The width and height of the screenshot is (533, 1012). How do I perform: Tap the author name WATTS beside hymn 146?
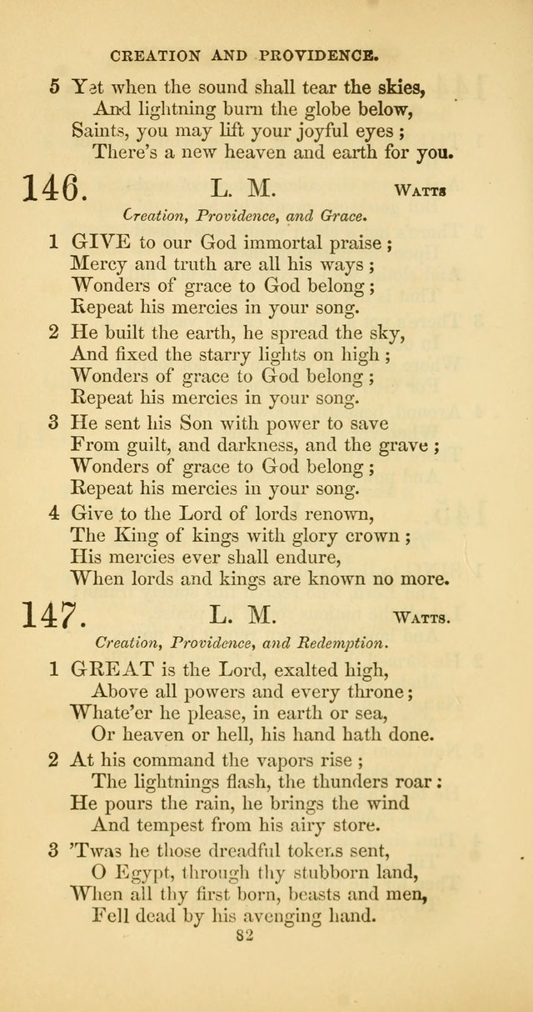click(x=421, y=191)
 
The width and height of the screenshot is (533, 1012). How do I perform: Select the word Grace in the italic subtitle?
click(x=338, y=216)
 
